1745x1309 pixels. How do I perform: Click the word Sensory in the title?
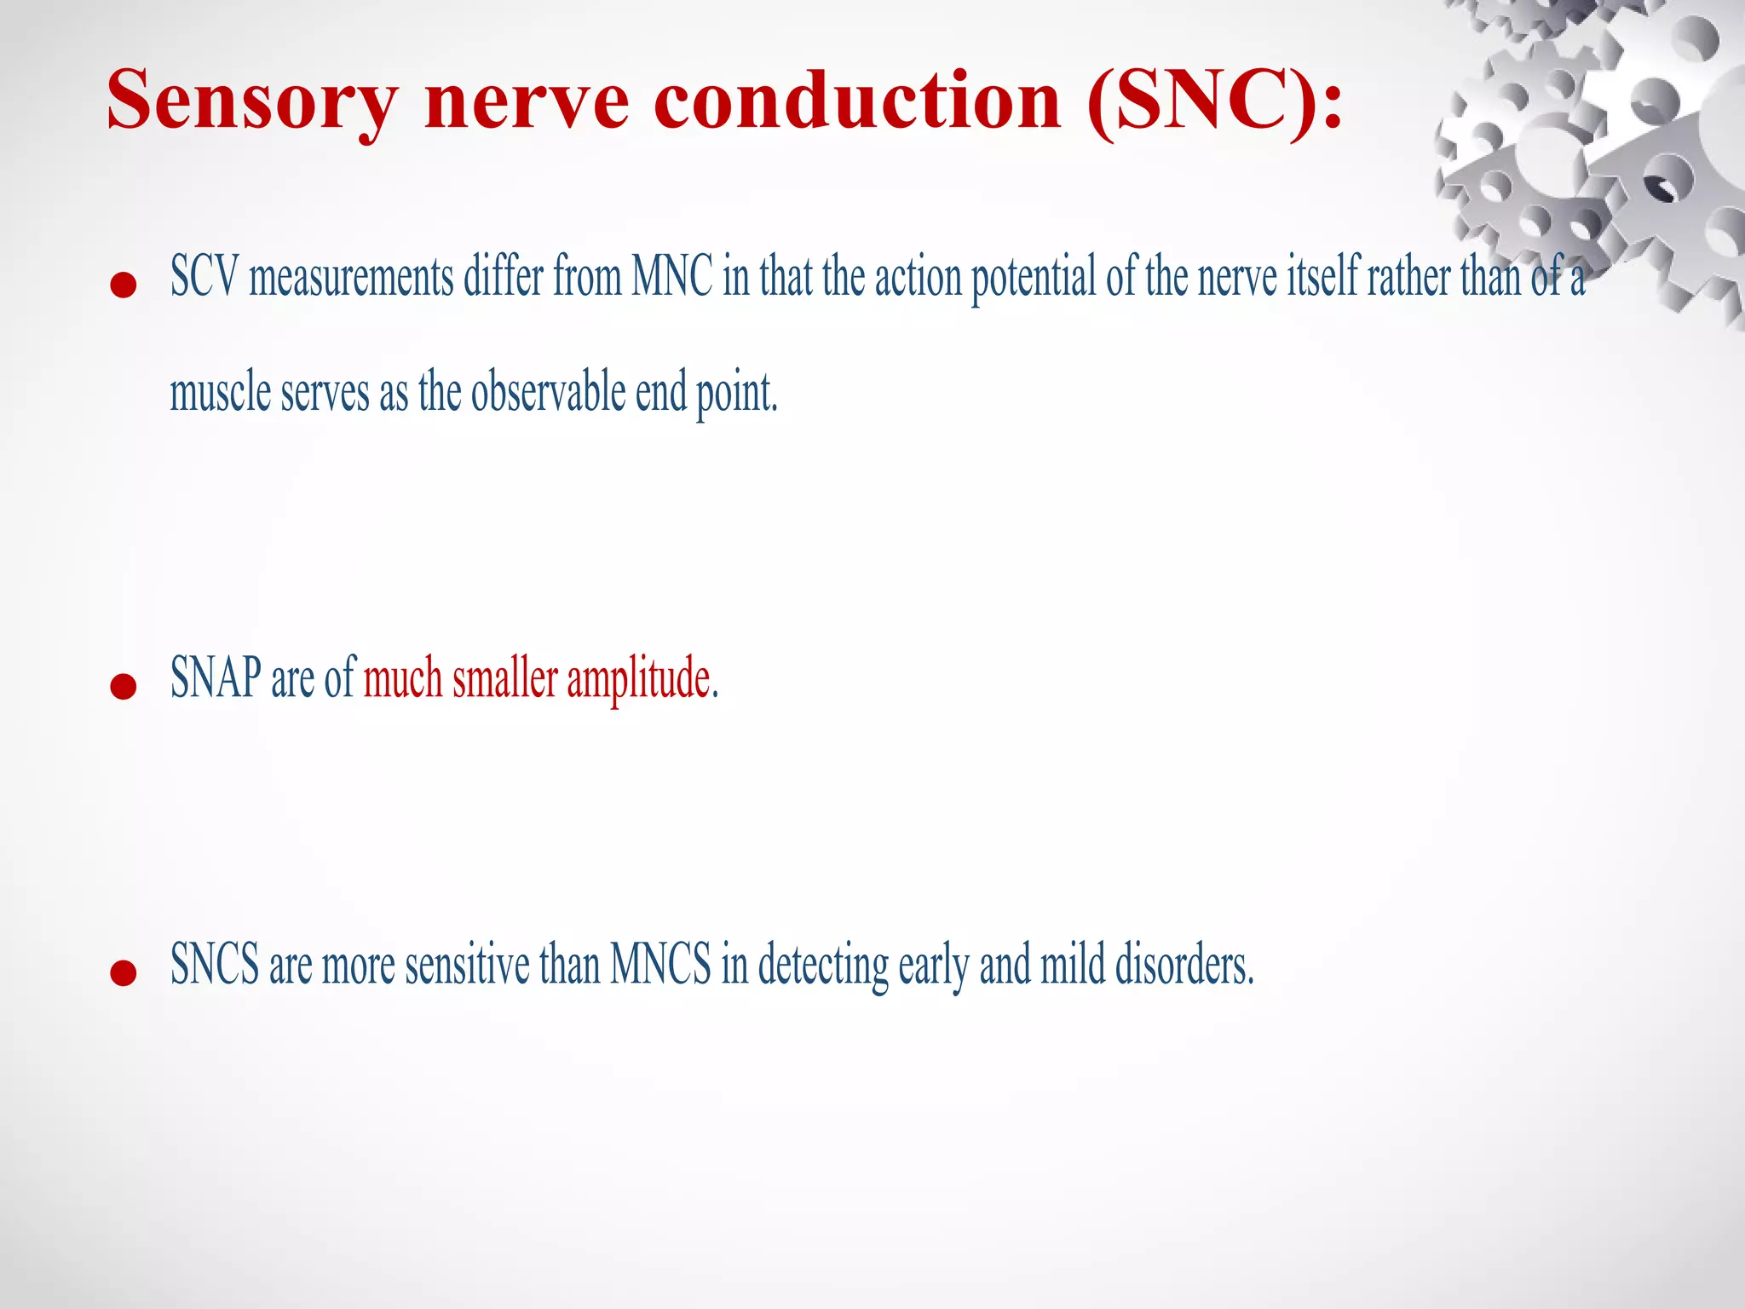point(252,102)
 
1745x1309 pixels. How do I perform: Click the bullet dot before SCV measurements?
point(124,285)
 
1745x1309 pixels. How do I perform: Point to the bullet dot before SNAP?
point(124,686)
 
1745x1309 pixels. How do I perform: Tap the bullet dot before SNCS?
point(124,972)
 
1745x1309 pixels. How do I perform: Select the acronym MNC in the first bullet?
point(672,277)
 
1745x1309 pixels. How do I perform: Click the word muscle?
point(220,393)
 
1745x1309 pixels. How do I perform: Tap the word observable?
point(548,393)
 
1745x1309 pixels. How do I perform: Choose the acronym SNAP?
point(216,678)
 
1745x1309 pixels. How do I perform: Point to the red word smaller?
point(504,678)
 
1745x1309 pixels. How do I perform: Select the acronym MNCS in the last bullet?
point(660,965)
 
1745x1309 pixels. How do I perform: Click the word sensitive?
point(467,965)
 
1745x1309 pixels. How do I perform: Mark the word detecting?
point(823,966)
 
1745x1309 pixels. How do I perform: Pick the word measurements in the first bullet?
point(351,278)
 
